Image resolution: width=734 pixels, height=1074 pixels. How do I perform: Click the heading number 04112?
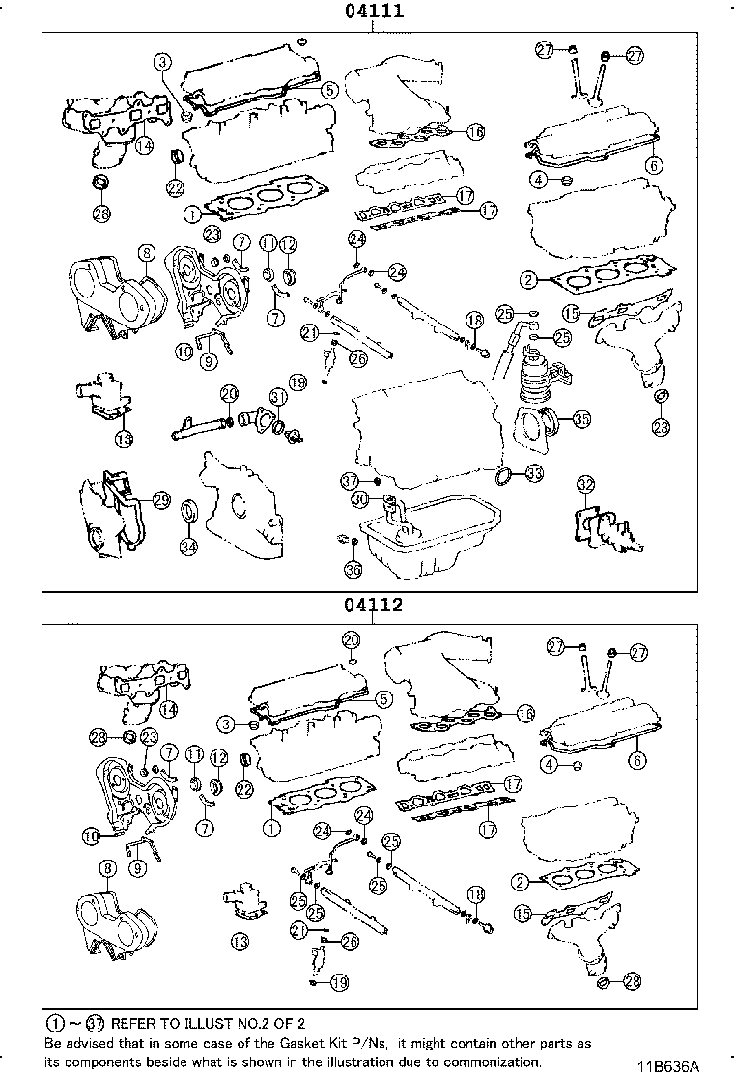coord(371,607)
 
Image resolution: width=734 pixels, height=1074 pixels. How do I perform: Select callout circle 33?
coord(533,474)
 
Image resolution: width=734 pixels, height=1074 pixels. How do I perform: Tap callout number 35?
coord(581,419)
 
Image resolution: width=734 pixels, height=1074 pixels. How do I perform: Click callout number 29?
coord(161,499)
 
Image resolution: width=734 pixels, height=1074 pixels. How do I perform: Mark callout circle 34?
coord(188,548)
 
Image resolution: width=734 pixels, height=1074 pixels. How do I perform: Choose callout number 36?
coord(353,571)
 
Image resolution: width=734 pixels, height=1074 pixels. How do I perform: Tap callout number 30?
coord(358,499)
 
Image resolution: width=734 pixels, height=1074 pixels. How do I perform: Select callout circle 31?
coord(278,397)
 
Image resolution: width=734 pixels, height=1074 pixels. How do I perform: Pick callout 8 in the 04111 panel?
coord(145,254)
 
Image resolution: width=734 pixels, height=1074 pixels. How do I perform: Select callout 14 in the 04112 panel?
coord(168,708)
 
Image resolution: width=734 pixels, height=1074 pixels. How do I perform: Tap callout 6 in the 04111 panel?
coord(656,165)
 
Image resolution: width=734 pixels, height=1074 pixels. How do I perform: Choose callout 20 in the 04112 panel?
coord(351,639)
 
